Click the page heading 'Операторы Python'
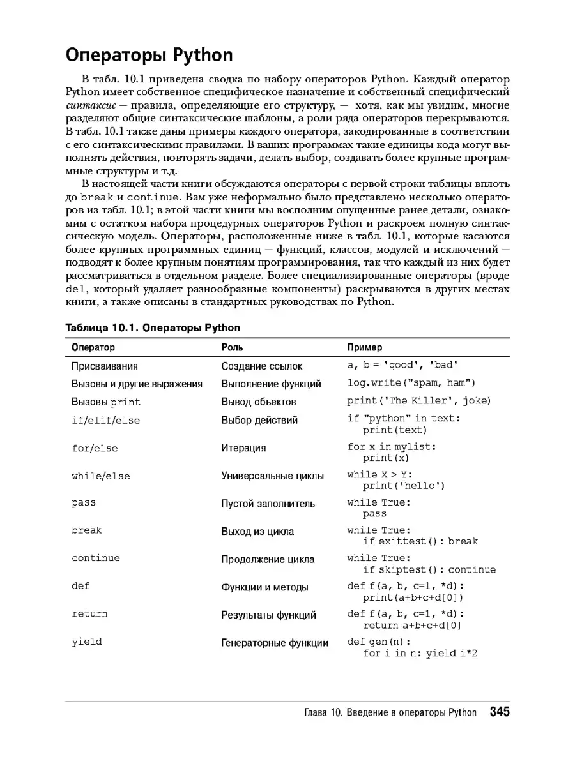pyautogui.click(x=149, y=56)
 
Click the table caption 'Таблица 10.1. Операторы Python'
pyautogui.click(x=153, y=327)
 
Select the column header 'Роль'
pyautogui.click(x=232, y=347)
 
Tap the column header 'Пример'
pyautogui.click(x=365, y=347)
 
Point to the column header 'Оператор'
pyautogui.click(x=93, y=347)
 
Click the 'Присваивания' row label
pyautogui.click(x=105, y=366)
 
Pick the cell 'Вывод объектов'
pyautogui.click(x=259, y=402)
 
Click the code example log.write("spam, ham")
pyautogui.click(x=411, y=383)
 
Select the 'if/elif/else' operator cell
pyautogui.click(x=105, y=420)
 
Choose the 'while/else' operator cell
pyautogui.click(x=100, y=476)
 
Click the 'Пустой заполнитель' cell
pyautogui.click(x=268, y=504)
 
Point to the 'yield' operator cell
pyautogui.click(x=87, y=642)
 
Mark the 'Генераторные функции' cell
pyautogui.click(x=275, y=643)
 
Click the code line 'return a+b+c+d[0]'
pyautogui.click(x=412, y=626)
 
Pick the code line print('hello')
pyautogui.click(x=404, y=486)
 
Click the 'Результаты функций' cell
pyautogui.click(x=268, y=615)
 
